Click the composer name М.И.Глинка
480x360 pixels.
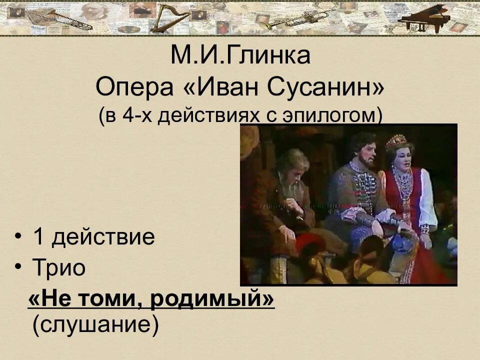[240, 55]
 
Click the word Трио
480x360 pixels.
[59, 268]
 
